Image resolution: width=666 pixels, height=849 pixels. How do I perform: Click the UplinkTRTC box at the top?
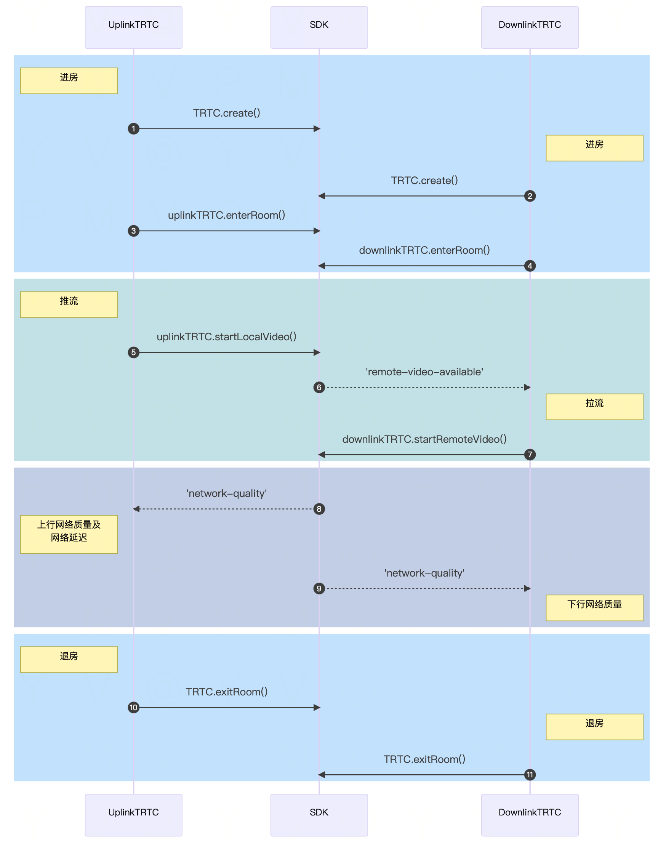click(133, 27)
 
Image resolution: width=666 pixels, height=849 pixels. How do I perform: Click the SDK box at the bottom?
click(319, 815)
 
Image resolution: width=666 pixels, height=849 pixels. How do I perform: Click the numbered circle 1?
click(133, 129)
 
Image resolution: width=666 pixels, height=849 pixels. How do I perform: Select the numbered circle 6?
click(319, 387)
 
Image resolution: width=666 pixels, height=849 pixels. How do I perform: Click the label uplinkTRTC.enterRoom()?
click(227, 215)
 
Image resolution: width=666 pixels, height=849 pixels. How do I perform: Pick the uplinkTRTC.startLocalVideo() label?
click(227, 336)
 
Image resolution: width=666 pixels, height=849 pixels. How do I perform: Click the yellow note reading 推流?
click(69, 304)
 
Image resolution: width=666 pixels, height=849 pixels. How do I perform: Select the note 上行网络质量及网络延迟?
click(69, 534)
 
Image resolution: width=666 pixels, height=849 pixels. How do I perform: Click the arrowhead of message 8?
click(136, 509)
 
